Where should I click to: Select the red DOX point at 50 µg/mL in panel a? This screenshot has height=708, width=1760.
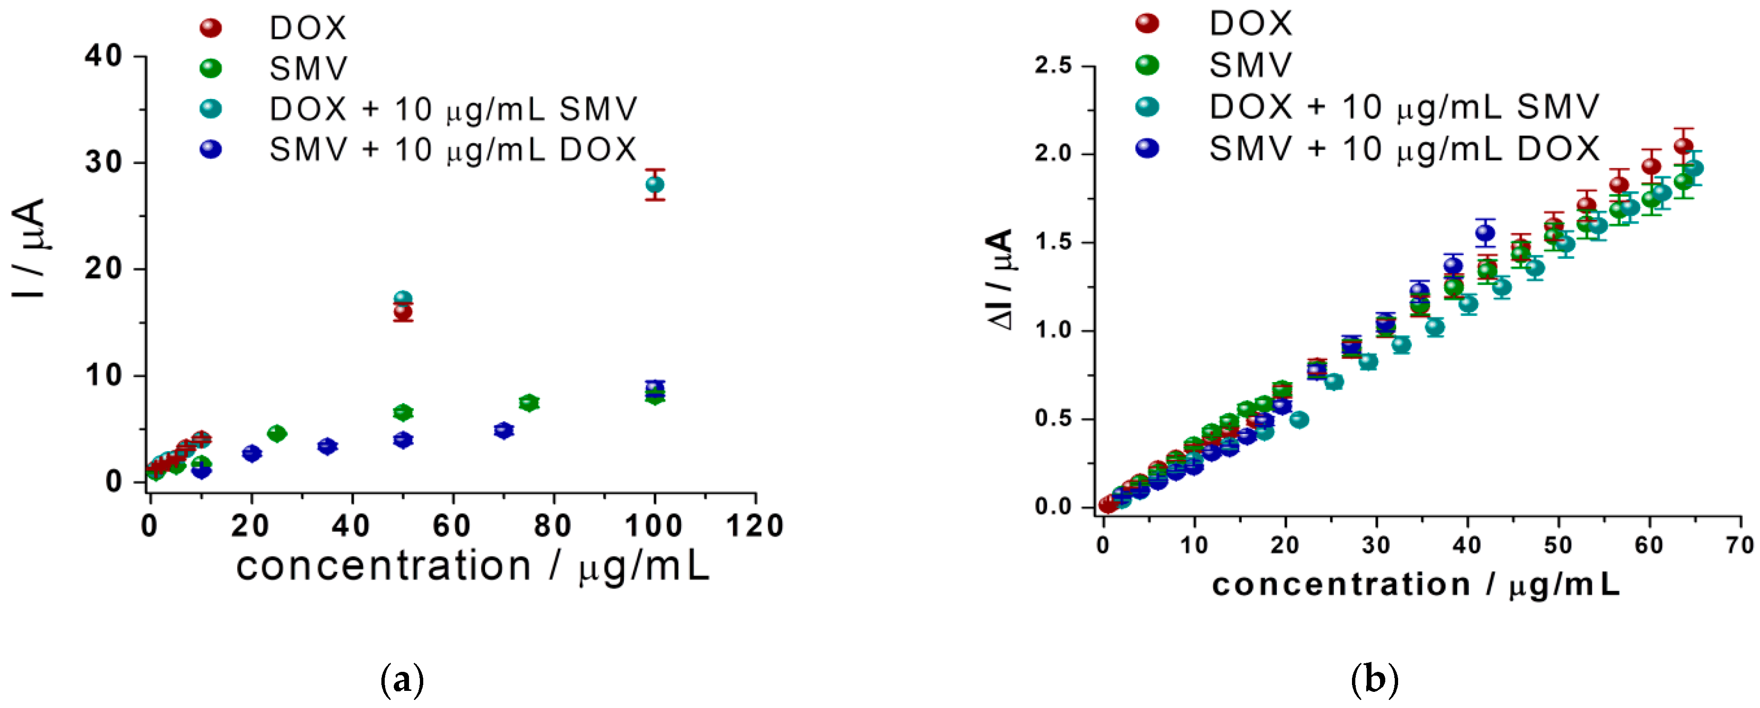[403, 312]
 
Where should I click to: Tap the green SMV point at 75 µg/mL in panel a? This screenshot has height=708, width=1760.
[529, 403]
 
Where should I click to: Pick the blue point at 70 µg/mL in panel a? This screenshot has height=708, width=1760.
[504, 430]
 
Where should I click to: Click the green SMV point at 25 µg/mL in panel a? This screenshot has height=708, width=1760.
[277, 433]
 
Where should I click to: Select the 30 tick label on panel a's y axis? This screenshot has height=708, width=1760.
[103, 163]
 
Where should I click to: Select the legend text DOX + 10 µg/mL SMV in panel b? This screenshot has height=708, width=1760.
[1404, 107]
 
